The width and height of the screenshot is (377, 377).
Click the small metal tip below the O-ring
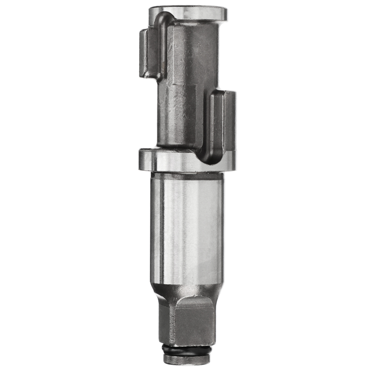click(187, 359)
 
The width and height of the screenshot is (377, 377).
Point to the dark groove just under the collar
click(187, 173)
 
